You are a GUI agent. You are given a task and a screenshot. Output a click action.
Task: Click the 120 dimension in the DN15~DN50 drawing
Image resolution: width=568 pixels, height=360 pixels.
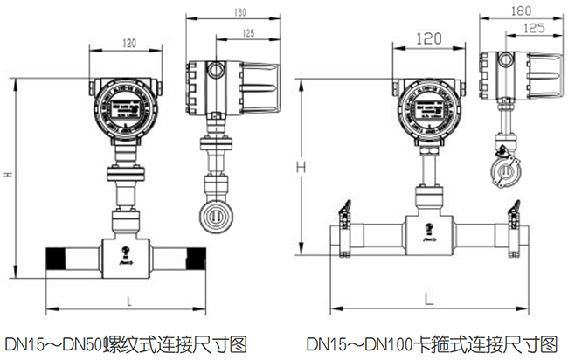[x=128, y=43]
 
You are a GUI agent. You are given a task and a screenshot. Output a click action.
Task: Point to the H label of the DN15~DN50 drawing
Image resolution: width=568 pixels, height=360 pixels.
[x=8, y=175]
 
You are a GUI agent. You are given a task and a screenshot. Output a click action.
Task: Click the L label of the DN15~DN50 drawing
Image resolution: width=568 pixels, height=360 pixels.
[x=129, y=301]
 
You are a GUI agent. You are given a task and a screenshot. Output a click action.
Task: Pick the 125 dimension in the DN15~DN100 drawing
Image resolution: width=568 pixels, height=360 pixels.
[x=529, y=29]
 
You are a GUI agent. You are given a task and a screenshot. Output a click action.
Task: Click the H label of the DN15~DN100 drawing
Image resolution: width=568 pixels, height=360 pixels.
[x=300, y=164]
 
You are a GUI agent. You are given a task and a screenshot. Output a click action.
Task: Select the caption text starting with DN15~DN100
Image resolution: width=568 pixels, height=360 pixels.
[x=431, y=341]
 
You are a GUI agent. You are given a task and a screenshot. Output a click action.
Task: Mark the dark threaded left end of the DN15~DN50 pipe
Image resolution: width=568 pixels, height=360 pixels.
[x=56, y=259]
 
